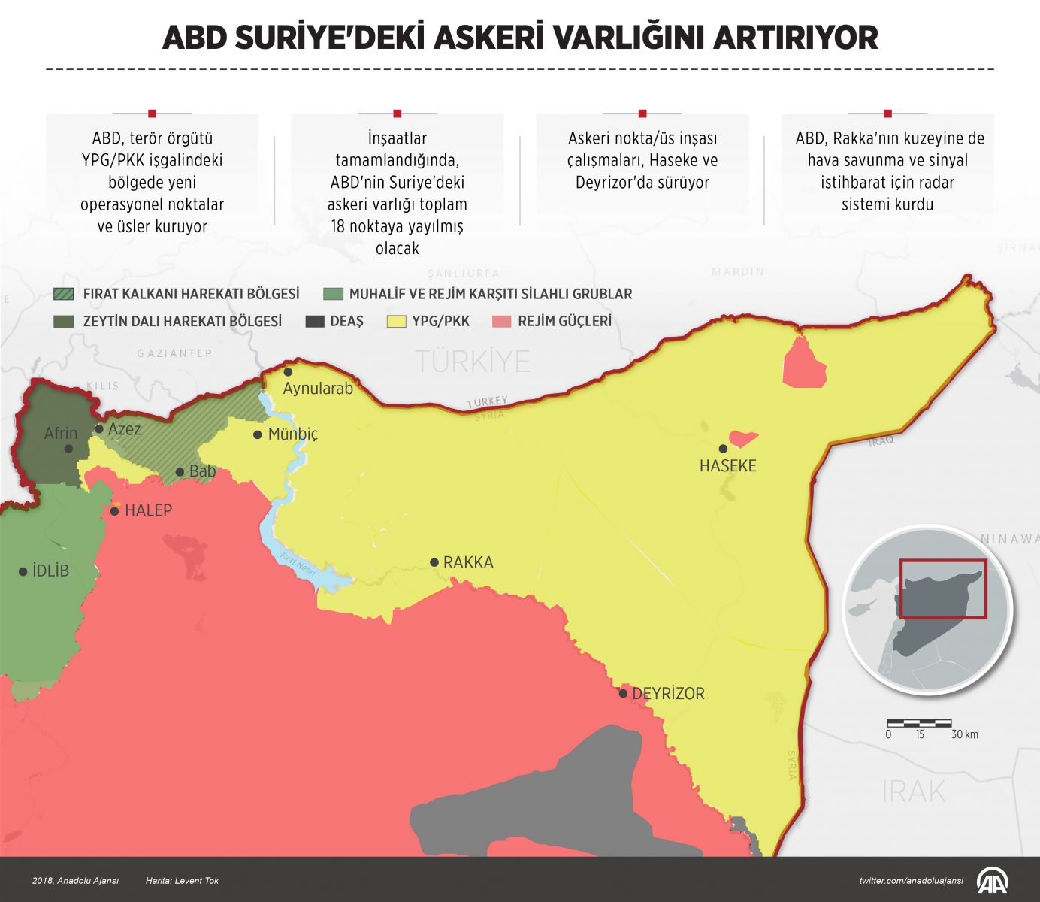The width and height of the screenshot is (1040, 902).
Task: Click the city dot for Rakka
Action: point(434,562)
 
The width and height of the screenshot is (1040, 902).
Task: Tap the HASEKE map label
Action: point(727,466)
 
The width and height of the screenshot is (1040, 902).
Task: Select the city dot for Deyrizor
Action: point(623,693)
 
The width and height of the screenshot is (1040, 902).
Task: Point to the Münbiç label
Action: point(293,434)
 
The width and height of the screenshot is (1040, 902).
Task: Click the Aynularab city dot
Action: point(288,372)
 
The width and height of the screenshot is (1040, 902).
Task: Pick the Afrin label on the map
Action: point(60,433)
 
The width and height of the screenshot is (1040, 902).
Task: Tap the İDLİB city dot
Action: point(23,571)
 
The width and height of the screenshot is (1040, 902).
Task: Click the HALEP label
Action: point(148,510)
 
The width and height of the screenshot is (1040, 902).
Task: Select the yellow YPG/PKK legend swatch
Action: point(396,322)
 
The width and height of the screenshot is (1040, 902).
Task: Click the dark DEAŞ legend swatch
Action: point(315,322)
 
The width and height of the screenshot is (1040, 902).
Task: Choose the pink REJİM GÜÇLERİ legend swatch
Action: point(501,322)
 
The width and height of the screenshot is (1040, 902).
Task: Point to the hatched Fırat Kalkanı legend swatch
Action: point(64,294)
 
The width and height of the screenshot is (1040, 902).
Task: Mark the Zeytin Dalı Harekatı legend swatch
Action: point(64,322)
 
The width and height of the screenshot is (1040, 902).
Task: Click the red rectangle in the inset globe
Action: point(943,589)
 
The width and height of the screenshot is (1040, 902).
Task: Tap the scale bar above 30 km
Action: point(919,723)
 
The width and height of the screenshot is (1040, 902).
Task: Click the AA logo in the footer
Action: point(992,880)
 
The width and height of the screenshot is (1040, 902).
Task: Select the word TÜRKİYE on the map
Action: point(473,362)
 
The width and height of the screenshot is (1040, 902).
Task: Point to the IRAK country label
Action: point(913,792)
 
